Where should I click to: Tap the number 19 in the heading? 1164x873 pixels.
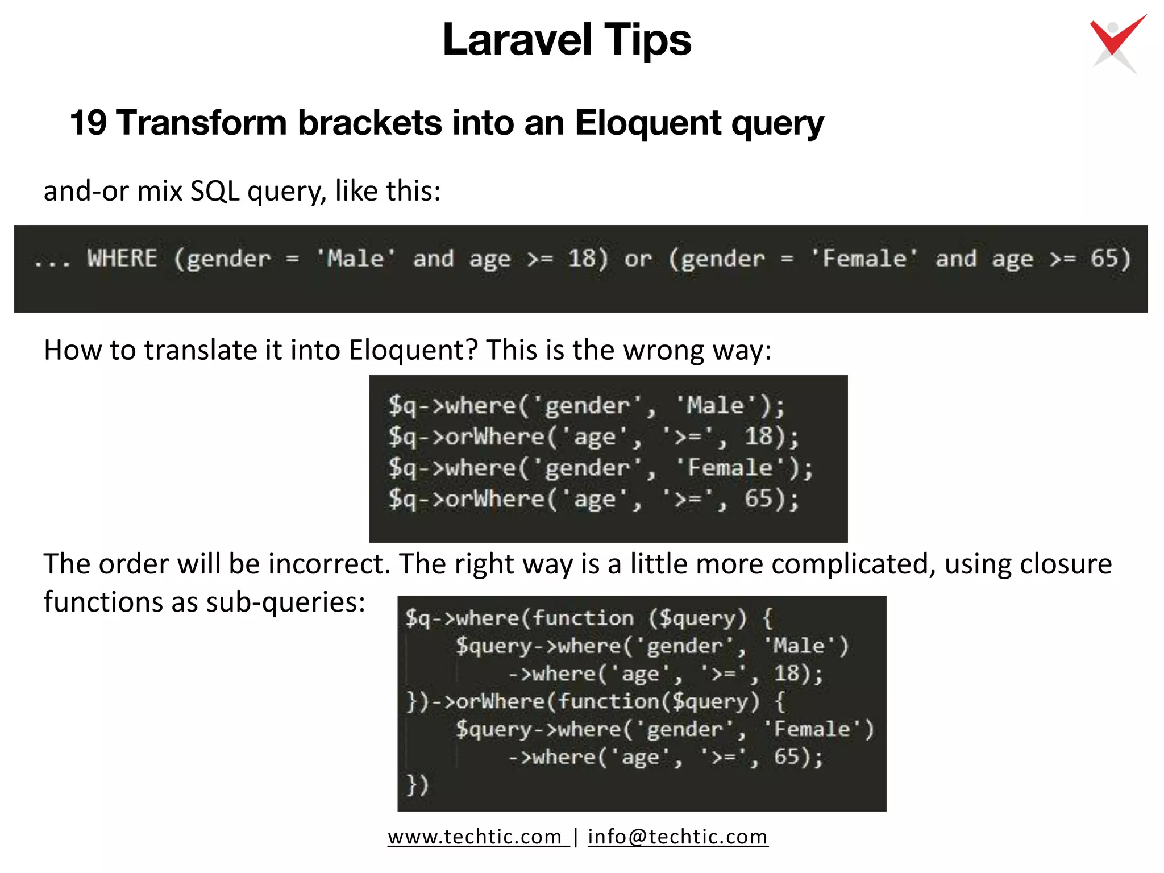(88, 122)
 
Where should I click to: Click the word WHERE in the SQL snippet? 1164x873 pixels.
(122, 259)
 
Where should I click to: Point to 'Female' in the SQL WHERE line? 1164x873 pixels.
(864, 259)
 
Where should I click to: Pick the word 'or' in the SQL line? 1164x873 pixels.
(638, 259)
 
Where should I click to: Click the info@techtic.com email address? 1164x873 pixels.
(677, 837)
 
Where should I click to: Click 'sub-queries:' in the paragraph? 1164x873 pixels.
(285, 602)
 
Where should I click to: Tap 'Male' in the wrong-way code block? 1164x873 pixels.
(716, 406)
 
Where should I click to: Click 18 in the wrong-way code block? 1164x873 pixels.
(759, 436)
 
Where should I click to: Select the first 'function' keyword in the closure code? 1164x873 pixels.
(583, 618)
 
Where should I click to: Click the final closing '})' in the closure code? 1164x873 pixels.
(417, 785)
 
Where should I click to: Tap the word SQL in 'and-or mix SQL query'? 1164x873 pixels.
(215, 191)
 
